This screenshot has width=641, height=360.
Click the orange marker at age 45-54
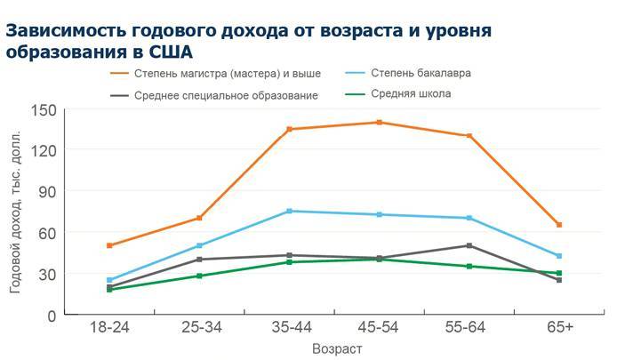tap(379, 123)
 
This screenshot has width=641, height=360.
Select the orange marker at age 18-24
tap(109, 245)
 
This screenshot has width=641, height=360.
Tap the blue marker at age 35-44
tap(289, 211)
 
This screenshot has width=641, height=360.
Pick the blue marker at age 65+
tap(559, 256)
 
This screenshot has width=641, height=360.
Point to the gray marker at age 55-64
tap(469, 245)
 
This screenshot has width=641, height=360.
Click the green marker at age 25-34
tap(199, 276)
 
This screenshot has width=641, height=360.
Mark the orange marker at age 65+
tap(559, 225)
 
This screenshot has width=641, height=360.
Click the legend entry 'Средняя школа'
tap(410, 93)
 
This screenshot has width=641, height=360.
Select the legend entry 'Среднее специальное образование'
tap(226, 95)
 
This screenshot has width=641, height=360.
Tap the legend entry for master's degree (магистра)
tap(227, 73)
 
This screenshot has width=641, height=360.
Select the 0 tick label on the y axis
tap(52, 316)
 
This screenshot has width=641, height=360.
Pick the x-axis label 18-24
tap(109, 327)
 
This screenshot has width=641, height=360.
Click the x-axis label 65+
tap(559, 327)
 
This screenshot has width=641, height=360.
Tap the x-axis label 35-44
tap(289, 327)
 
